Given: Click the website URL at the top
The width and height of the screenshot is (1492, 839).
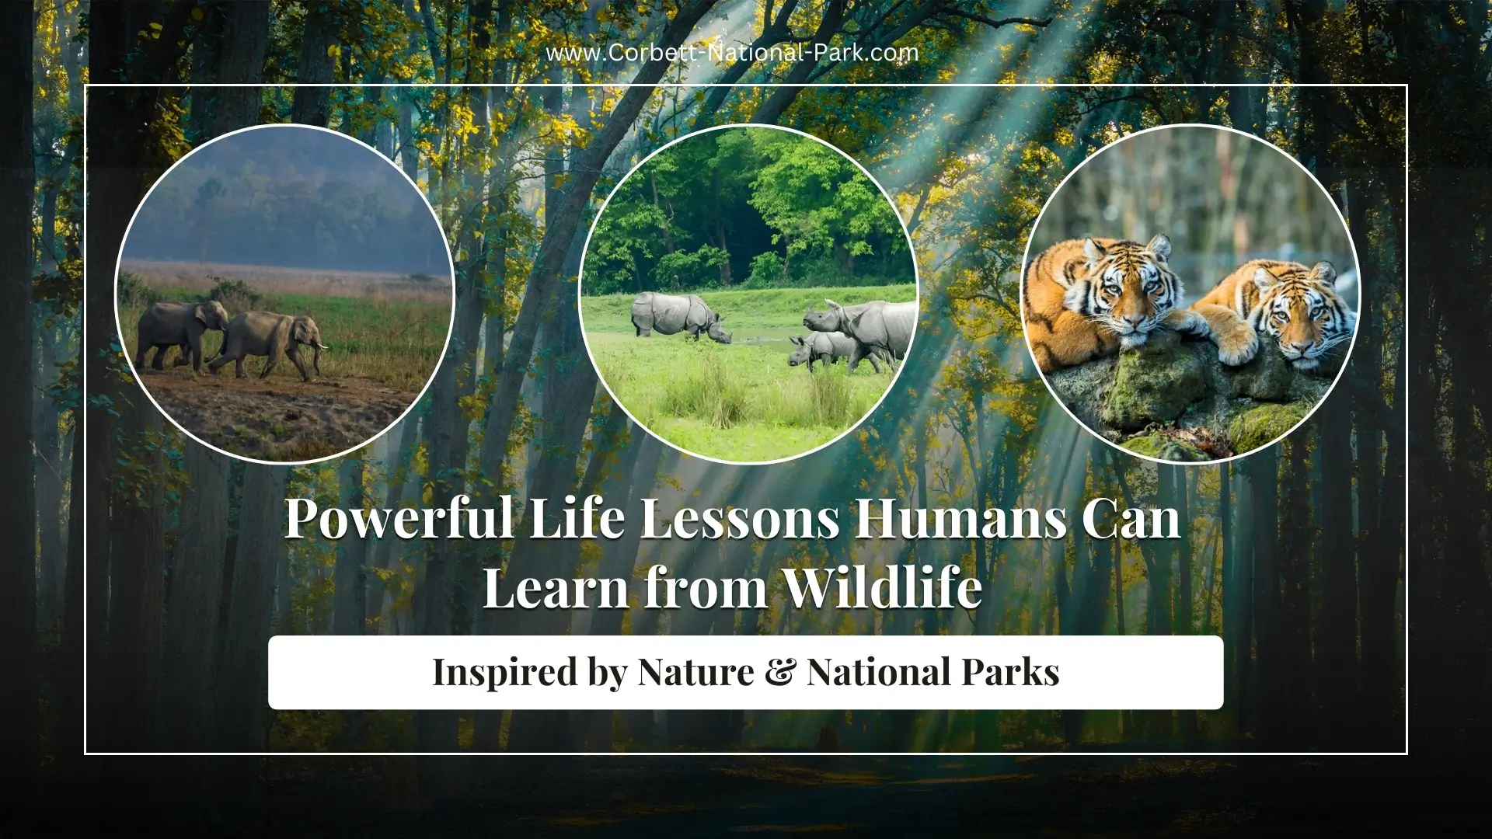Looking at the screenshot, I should (732, 53).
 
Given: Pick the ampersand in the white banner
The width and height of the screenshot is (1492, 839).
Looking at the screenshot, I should (779, 672).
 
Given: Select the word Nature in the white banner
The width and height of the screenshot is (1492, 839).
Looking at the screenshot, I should (695, 672).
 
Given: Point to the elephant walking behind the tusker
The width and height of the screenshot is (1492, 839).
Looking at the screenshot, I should (180, 330).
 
